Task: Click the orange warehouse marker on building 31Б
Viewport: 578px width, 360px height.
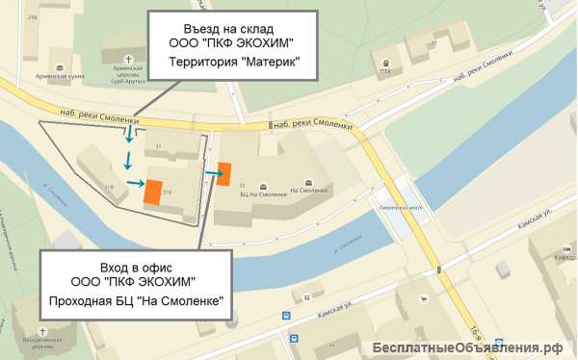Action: point(152,192)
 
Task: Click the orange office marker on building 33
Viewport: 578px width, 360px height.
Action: point(223,174)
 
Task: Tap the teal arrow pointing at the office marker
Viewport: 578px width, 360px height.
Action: point(210,174)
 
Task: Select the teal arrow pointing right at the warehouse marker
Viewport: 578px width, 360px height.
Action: point(134,183)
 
